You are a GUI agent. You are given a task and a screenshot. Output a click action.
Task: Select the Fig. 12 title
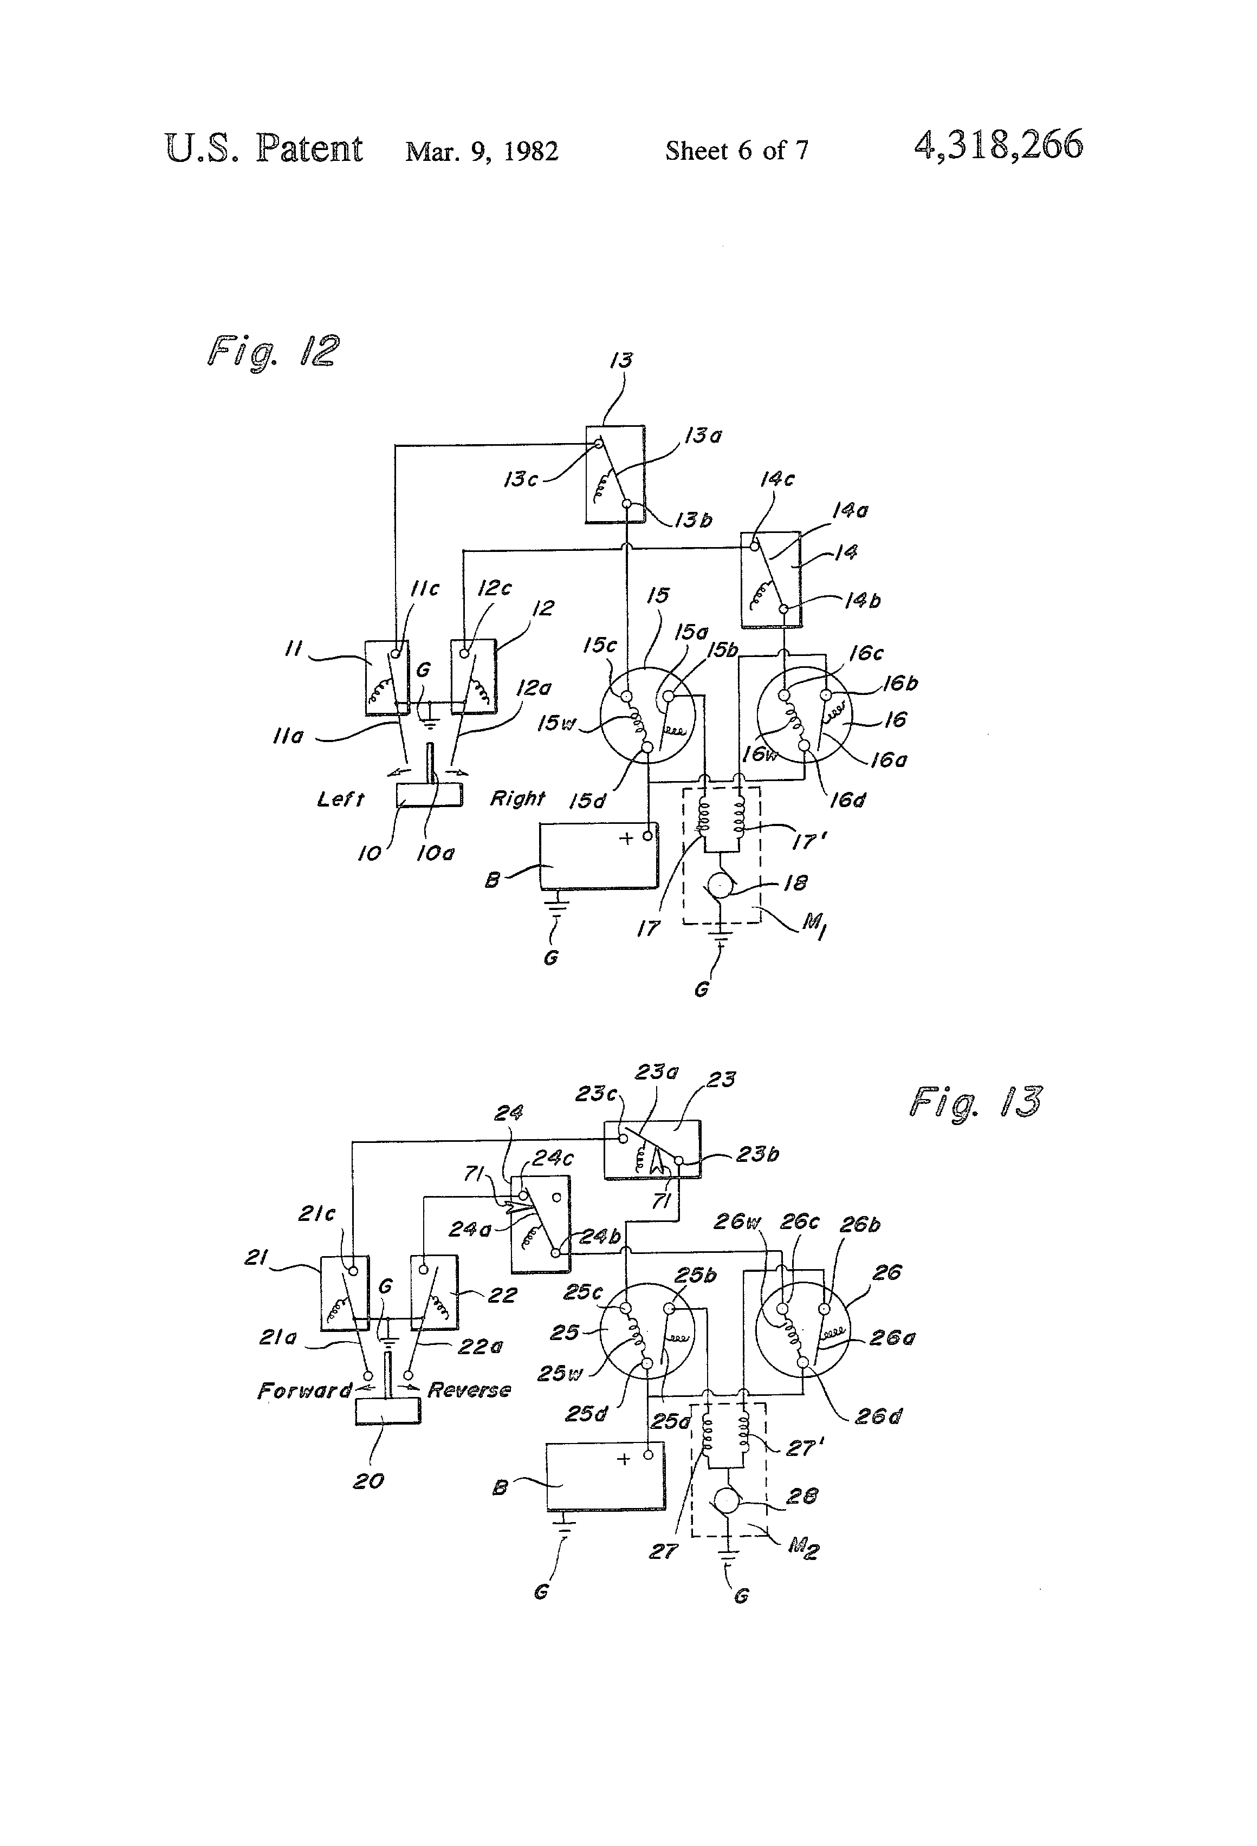273,350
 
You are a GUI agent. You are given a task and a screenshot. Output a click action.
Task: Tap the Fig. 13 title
975,1102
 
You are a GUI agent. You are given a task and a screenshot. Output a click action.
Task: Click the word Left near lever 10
340,799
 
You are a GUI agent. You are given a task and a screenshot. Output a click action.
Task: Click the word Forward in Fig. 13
304,1391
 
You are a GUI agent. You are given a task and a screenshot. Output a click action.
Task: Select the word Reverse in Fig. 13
469,1390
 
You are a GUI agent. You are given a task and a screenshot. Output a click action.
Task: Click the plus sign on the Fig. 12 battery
626,838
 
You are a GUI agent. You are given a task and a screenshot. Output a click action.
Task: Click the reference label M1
814,925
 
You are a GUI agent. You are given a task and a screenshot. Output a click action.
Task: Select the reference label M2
804,1548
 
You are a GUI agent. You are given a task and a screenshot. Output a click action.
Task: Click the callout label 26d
878,1416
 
